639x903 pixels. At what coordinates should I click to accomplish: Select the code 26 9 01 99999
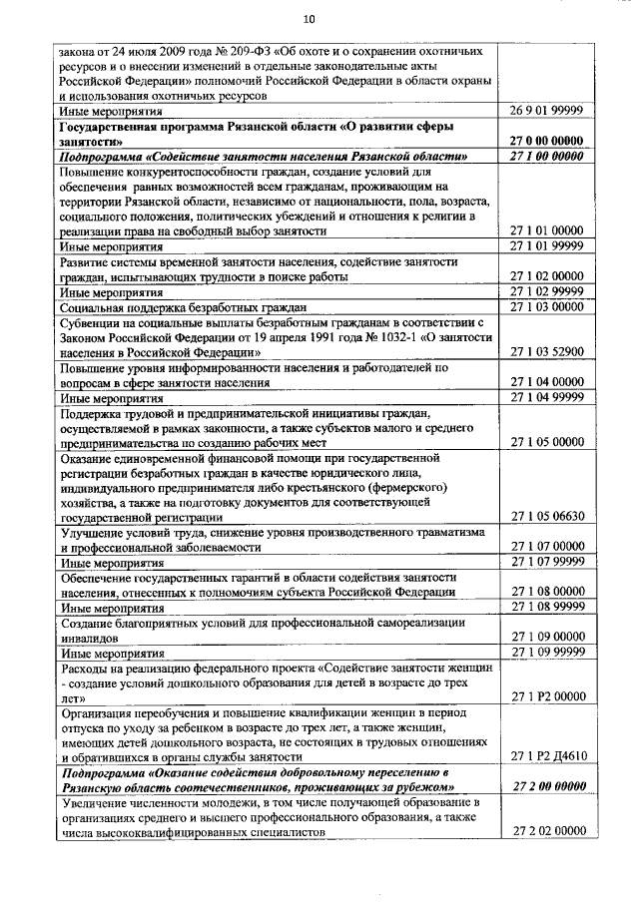[x=553, y=111]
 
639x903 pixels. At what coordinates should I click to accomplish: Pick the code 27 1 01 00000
[x=553, y=229]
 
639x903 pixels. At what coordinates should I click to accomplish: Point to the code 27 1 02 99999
[x=553, y=292]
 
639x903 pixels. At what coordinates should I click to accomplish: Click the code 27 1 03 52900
[x=553, y=351]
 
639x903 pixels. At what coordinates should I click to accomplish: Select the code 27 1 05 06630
[x=553, y=517]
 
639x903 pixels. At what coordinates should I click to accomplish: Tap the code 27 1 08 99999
[x=553, y=606]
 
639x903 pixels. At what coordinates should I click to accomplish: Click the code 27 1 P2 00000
[x=553, y=695]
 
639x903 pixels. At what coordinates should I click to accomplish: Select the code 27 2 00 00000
[x=553, y=785]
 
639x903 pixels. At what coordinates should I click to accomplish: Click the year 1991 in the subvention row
[x=329, y=337]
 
